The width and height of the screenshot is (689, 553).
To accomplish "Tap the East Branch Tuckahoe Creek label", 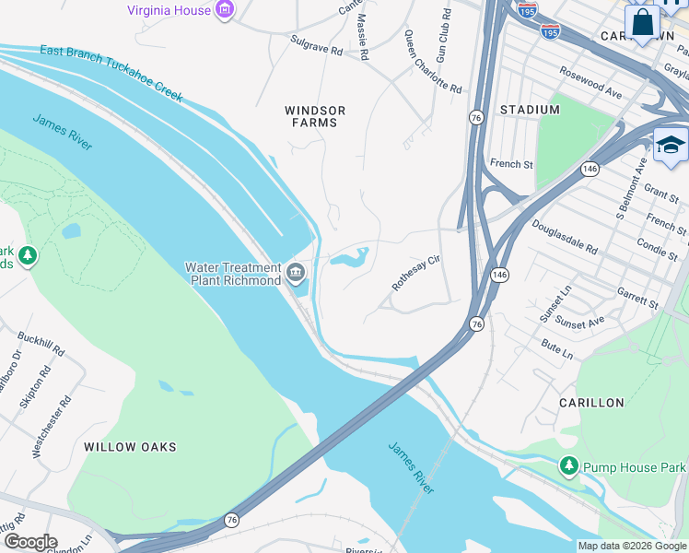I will click(111, 72).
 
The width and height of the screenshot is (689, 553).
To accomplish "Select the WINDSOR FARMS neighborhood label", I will click(314, 116).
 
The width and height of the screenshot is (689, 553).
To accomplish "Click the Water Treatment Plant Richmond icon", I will click(297, 271).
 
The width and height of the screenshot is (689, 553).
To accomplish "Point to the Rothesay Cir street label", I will click(417, 274).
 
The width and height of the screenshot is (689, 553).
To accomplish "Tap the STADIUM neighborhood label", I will click(530, 110).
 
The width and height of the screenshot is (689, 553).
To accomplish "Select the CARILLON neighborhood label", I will click(591, 403).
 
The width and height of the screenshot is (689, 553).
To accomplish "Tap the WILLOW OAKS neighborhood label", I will click(130, 447).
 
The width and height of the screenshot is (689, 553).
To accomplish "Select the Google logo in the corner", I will click(29, 542).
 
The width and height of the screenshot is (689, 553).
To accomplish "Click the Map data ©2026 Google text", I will click(631, 546).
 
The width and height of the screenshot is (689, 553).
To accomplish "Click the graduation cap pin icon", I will click(670, 146).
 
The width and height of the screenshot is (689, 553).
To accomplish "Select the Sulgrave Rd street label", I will click(315, 46).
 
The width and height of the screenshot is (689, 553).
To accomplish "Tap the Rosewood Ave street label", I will click(590, 81).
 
